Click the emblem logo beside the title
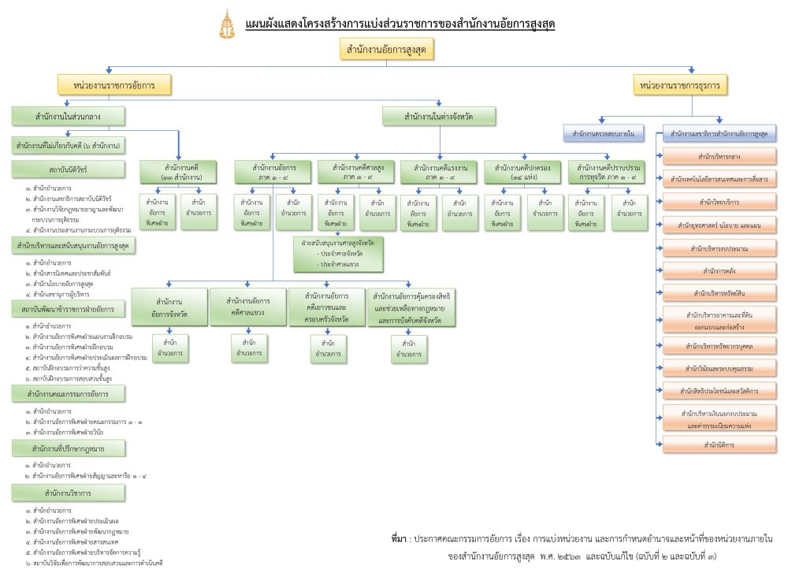225,24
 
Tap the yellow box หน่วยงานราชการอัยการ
114,84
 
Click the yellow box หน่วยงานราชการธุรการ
681,84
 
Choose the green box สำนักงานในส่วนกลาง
69,117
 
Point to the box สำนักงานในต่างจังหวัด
439,117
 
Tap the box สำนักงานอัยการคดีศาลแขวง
247,307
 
